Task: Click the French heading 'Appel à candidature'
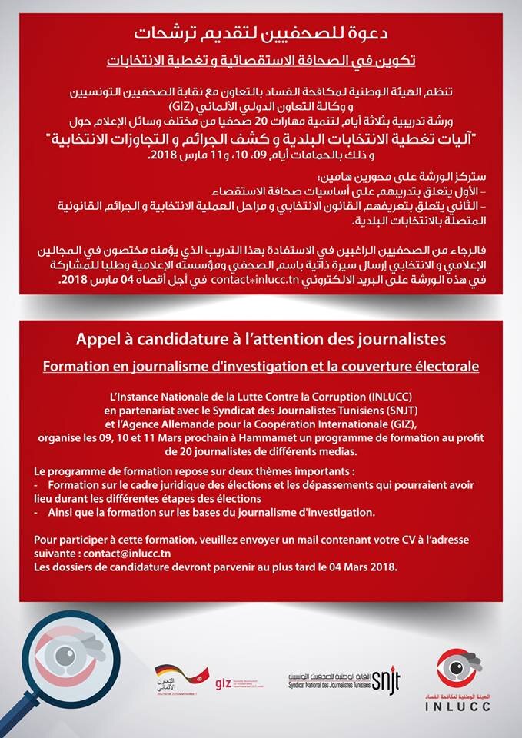coord(261,338)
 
